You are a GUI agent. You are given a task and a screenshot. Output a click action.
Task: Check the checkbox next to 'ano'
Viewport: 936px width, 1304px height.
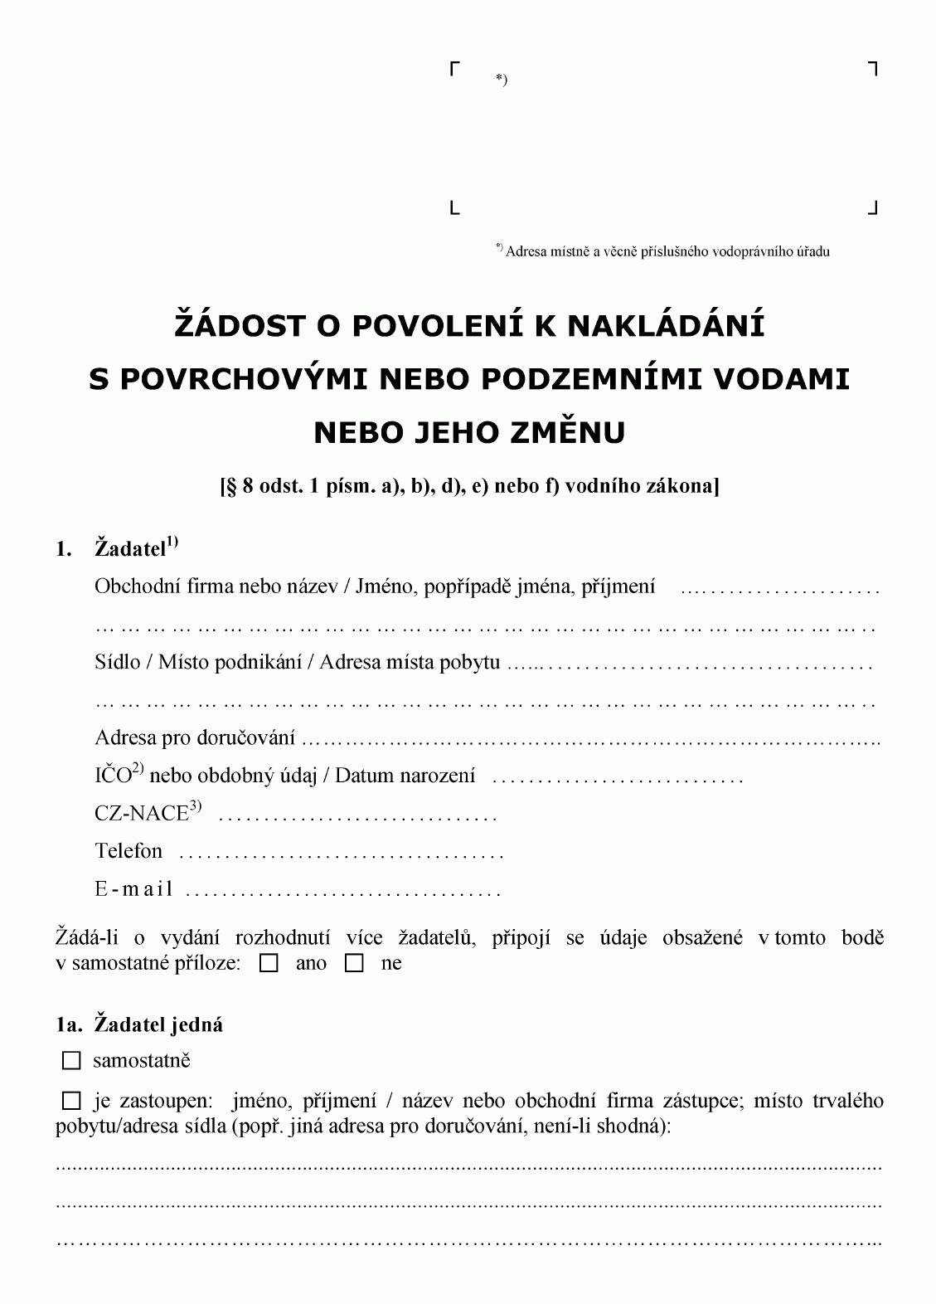click(269, 964)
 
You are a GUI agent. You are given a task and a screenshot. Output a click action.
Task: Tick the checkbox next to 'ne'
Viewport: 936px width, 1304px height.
click(355, 964)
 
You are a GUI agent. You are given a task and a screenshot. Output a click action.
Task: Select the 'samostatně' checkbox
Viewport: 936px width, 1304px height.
click(72, 1061)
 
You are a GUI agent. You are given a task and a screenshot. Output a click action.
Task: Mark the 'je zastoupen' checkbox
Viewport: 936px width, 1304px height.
click(72, 1102)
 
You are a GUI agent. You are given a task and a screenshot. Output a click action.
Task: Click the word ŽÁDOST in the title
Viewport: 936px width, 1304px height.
click(240, 325)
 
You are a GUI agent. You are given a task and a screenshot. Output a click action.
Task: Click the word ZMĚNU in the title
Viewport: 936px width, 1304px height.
click(575, 432)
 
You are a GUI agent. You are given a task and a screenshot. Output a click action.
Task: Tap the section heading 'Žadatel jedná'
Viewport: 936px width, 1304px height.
click(158, 1024)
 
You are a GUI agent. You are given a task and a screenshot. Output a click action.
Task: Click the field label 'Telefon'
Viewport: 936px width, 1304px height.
click(129, 851)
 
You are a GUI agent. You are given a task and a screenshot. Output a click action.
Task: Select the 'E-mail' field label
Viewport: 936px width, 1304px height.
click(133, 890)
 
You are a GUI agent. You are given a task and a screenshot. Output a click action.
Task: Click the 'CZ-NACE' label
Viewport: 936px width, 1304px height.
click(142, 814)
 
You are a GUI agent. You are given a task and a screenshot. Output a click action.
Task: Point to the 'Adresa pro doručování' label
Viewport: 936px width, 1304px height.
click(195, 737)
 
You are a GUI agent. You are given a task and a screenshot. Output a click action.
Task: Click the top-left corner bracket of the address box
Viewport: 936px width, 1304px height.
click(454, 68)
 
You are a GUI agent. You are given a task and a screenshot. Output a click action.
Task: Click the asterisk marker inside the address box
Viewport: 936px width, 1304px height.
click(501, 80)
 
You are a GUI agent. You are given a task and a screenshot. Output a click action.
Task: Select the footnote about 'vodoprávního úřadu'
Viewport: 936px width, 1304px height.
click(662, 251)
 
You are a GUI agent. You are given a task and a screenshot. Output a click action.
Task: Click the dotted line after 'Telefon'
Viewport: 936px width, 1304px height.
click(341, 854)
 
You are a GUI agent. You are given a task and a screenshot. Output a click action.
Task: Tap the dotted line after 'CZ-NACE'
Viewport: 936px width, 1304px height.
click(357, 816)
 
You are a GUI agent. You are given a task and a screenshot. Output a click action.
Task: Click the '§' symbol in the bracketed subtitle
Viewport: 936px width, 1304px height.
click(231, 486)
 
